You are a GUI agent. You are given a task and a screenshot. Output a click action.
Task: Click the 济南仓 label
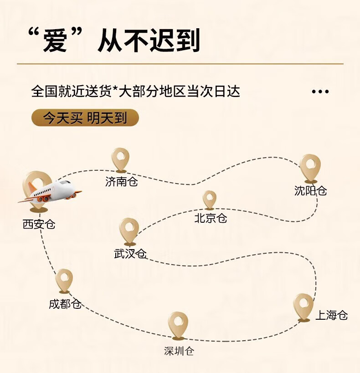(x=122, y=182)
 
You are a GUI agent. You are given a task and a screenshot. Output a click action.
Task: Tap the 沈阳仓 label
(x=310, y=190)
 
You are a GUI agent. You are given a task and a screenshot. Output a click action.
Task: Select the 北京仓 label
(x=211, y=218)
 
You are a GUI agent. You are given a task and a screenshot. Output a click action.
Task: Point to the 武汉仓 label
(x=130, y=254)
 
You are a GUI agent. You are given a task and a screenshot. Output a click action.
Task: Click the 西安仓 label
(x=39, y=224)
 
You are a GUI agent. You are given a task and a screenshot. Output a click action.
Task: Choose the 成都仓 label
(x=65, y=304)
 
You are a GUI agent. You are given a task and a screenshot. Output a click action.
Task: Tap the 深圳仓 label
(x=179, y=351)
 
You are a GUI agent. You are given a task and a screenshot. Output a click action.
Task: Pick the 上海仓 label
(x=332, y=315)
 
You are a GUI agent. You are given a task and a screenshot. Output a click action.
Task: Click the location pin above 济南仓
(x=120, y=160)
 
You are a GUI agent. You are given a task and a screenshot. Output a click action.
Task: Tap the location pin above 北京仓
(x=210, y=200)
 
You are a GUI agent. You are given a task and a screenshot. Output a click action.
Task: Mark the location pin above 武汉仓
(x=129, y=232)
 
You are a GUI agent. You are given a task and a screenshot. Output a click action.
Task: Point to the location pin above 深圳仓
(x=178, y=326)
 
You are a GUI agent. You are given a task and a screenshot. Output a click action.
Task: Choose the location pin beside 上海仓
(x=303, y=307)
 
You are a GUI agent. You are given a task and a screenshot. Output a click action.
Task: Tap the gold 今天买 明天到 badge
(x=85, y=118)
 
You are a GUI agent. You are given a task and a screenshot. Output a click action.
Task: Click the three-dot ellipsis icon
(x=320, y=92)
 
